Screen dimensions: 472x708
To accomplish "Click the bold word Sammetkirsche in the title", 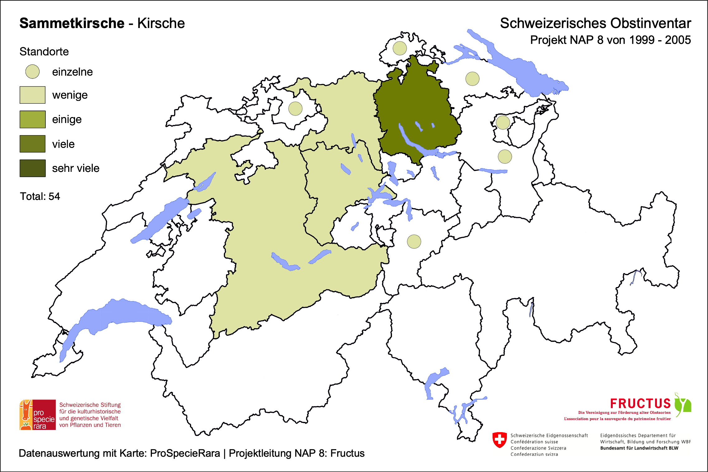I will (72, 23).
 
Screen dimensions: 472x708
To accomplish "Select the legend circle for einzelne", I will (32, 72).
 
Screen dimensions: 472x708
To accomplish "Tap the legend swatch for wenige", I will (32, 95).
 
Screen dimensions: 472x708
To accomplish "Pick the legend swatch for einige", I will (32, 119).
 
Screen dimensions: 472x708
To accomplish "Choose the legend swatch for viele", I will (32, 144).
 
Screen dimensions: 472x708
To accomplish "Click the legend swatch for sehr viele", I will (32, 168).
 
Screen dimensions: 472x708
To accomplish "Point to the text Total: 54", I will (40, 196).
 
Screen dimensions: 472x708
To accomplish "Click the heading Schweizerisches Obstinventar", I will (595, 23).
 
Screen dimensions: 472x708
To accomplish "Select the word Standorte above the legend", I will (44, 51).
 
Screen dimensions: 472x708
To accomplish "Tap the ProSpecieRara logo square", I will (38, 415).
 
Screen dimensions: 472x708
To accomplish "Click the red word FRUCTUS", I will (640, 404).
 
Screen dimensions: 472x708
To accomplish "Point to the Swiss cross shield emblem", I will (499, 440).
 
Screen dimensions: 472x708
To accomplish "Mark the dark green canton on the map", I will (417, 103).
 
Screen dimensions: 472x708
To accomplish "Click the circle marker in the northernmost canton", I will (400, 48).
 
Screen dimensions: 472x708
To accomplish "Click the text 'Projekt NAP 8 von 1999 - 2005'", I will (610, 40).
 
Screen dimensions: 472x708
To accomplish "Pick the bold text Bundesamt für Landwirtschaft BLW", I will (639, 448).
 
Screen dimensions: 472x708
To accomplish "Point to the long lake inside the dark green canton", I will (411, 140).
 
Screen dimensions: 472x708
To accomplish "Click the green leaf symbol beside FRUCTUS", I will (683, 404).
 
